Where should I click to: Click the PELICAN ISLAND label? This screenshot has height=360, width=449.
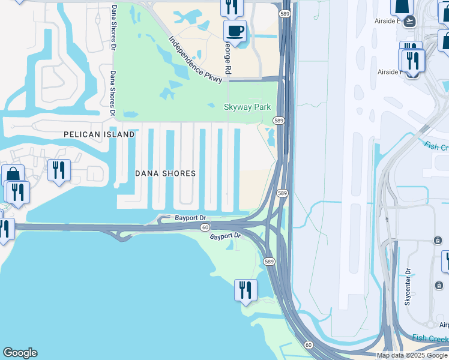(x=99, y=134)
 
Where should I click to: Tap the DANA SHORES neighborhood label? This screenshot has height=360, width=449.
(x=165, y=173)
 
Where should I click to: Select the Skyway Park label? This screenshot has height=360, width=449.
(x=247, y=107)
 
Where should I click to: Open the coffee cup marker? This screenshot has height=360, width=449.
(x=235, y=31)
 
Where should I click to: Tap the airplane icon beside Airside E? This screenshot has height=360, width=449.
(x=410, y=21)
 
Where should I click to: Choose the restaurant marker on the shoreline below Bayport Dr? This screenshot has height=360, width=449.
(x=245, y=290)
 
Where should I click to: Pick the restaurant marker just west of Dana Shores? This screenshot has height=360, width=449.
(x=59, y=170)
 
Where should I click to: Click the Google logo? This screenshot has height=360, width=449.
(x=20, y=353)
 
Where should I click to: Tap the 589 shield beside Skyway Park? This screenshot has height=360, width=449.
(x=279, y=121)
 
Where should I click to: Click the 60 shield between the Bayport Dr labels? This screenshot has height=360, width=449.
(x=205, y=227)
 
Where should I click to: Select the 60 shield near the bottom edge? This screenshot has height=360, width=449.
(x=309, y=344)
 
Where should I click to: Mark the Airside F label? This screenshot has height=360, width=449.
(x=388, y=72)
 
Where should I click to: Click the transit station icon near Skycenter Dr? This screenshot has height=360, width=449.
(x=438, y=241)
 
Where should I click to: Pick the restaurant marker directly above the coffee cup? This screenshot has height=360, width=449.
(x=231, y=7)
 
